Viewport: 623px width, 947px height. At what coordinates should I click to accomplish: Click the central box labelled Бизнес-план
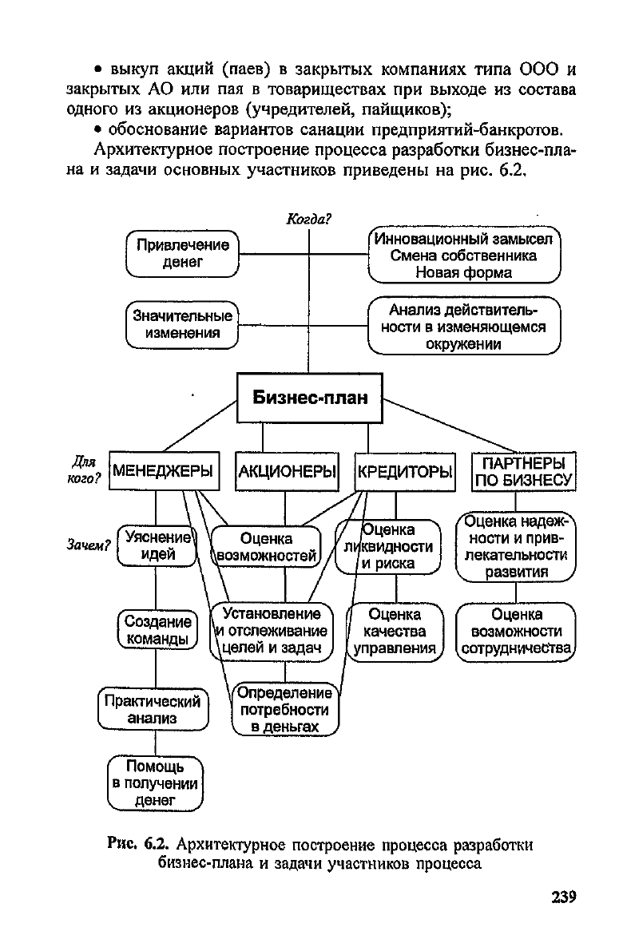click(309, 398)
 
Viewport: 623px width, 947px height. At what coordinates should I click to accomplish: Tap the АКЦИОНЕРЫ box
click(287, 470)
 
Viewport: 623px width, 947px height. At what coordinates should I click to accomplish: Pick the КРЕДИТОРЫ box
click(405, 471)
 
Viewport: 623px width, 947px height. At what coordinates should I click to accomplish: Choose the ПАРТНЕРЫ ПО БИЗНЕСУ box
click(523, 472)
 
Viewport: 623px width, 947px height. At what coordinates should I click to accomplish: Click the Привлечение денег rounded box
click(182, 254)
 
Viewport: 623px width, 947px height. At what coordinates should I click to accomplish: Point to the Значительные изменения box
click(182, 324)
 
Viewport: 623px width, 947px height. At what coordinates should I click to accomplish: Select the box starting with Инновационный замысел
click(464, 255)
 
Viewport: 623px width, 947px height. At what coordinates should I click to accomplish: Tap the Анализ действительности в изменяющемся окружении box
click(464, 326)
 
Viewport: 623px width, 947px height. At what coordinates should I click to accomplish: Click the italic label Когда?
click(309, 220)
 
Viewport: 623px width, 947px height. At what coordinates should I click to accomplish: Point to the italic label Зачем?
click(88, 545)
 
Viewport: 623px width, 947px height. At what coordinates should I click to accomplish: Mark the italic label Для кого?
click(83, 470)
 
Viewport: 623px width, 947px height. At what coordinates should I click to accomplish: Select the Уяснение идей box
click(157, 545)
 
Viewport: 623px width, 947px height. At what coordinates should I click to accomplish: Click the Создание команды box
click(157, 630)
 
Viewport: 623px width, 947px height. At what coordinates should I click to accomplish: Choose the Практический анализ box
click(153, 709)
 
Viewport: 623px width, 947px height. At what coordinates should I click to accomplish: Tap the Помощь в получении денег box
click(155, 783)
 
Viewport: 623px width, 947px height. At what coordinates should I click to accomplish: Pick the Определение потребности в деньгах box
click(285, 710)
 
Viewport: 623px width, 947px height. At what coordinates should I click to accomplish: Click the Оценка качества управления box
click(395, 632)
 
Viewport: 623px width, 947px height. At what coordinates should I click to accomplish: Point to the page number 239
click(563, 897)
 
